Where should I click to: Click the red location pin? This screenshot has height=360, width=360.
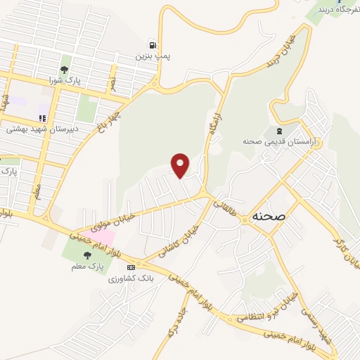[181, 165]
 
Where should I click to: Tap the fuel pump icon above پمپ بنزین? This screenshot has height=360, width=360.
[153, 43]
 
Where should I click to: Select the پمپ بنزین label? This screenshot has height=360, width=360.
[154, 54]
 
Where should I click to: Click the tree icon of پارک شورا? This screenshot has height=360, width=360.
[65, 70]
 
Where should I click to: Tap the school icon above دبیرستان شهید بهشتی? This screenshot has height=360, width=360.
[42, 118]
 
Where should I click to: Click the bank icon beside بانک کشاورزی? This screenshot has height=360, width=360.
[130, 268]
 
